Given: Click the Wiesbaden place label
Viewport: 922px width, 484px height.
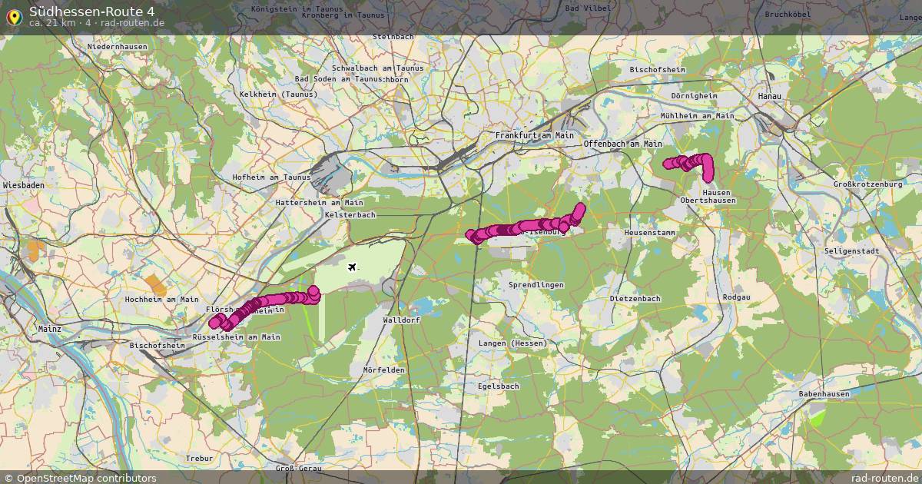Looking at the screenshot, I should pyautogui.click(x=24, y=186).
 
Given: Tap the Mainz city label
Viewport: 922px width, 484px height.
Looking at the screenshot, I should pyautogui.click(x=50, y=329).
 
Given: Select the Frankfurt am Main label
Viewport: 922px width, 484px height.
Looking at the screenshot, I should pyautogui.click(x=534, y=135).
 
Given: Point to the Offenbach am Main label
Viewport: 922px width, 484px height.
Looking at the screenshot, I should pyautogui.click(x=622, y=144).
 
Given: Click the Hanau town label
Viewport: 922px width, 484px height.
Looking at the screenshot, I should pyautogui.click(x=769, y=96).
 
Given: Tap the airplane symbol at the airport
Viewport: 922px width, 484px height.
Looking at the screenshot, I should pyautogui.click(x=353, y=267).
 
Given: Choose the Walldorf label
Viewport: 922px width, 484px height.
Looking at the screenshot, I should pyautogui.click(x=401, y=320).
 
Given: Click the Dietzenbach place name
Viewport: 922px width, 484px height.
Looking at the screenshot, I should pyautogui.click(x=635, y=298).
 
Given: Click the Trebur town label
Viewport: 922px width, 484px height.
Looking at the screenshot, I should pyautogui.click(x=198, y=458).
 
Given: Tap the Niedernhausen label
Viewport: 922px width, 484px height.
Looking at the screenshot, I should pyautogui.click(x=118, y=47).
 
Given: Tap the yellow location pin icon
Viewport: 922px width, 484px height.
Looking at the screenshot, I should pyautogui.click(x=13, y=15).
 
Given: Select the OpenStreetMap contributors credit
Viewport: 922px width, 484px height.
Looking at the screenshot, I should pyautogui.click(x=80, y=478).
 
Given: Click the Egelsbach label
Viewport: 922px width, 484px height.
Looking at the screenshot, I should pyautogui.click(x=498, y=386).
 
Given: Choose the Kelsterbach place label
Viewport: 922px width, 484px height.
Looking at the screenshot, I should pyautogui.click(x=350, y=215).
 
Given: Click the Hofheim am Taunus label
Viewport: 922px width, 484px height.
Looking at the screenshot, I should pyautogui.click(x=271, y=177).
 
